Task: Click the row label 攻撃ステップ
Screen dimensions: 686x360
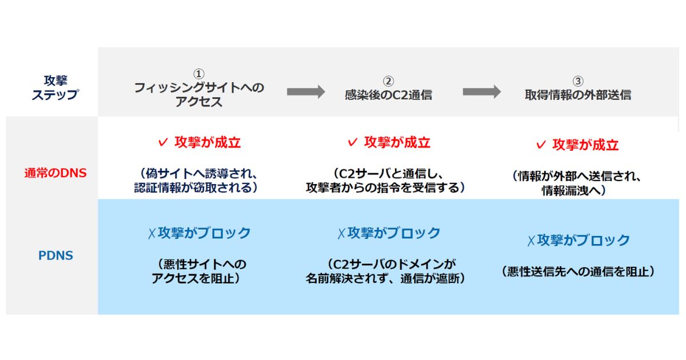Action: pyautogui.click(x=55, y=87)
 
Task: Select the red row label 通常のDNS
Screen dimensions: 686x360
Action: pyautogui.click(x=55, y=173)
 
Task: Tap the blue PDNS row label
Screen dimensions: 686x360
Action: pyautogui.click(x=56, y=255)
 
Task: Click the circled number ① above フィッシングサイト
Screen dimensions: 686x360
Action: pyautogui.click(x=199, y=74)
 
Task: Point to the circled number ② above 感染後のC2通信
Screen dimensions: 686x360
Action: pyautogui.click(x=388, y=81)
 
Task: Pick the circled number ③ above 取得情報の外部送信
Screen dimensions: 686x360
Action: pyautogui.click(x=578, y=81)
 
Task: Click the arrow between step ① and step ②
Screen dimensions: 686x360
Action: pyautogui.click(x=306, y=91)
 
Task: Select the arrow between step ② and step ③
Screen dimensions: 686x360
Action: pyautogui.click(x=482, y=91)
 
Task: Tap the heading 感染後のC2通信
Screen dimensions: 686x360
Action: pyautogui.click(x=388, y=95)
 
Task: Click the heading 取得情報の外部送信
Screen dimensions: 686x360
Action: pyautogui.click(x=578, y=95)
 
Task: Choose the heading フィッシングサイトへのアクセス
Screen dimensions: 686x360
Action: pyautogui.click(x=199, y=95)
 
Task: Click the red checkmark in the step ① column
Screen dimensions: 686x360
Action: pyautogui.click(x=163, y=142)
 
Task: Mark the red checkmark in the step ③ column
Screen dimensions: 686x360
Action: pyautogui.click(x=541, y=145)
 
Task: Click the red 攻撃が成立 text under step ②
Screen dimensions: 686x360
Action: pyautogui.click(x=397, y=142)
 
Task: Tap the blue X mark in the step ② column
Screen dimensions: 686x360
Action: pyautogui.click(x=341, y=234)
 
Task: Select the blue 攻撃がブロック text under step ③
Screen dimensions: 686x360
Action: pyautogui.click(x=584, y=240)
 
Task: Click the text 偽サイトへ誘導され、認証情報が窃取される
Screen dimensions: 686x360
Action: pyautogui.click(x=196, y=181)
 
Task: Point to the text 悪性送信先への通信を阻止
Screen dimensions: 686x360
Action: pyautogui.click(x=578, y=271)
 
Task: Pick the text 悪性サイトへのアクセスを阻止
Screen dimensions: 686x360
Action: pyautogui.click(x=199, y=271)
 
